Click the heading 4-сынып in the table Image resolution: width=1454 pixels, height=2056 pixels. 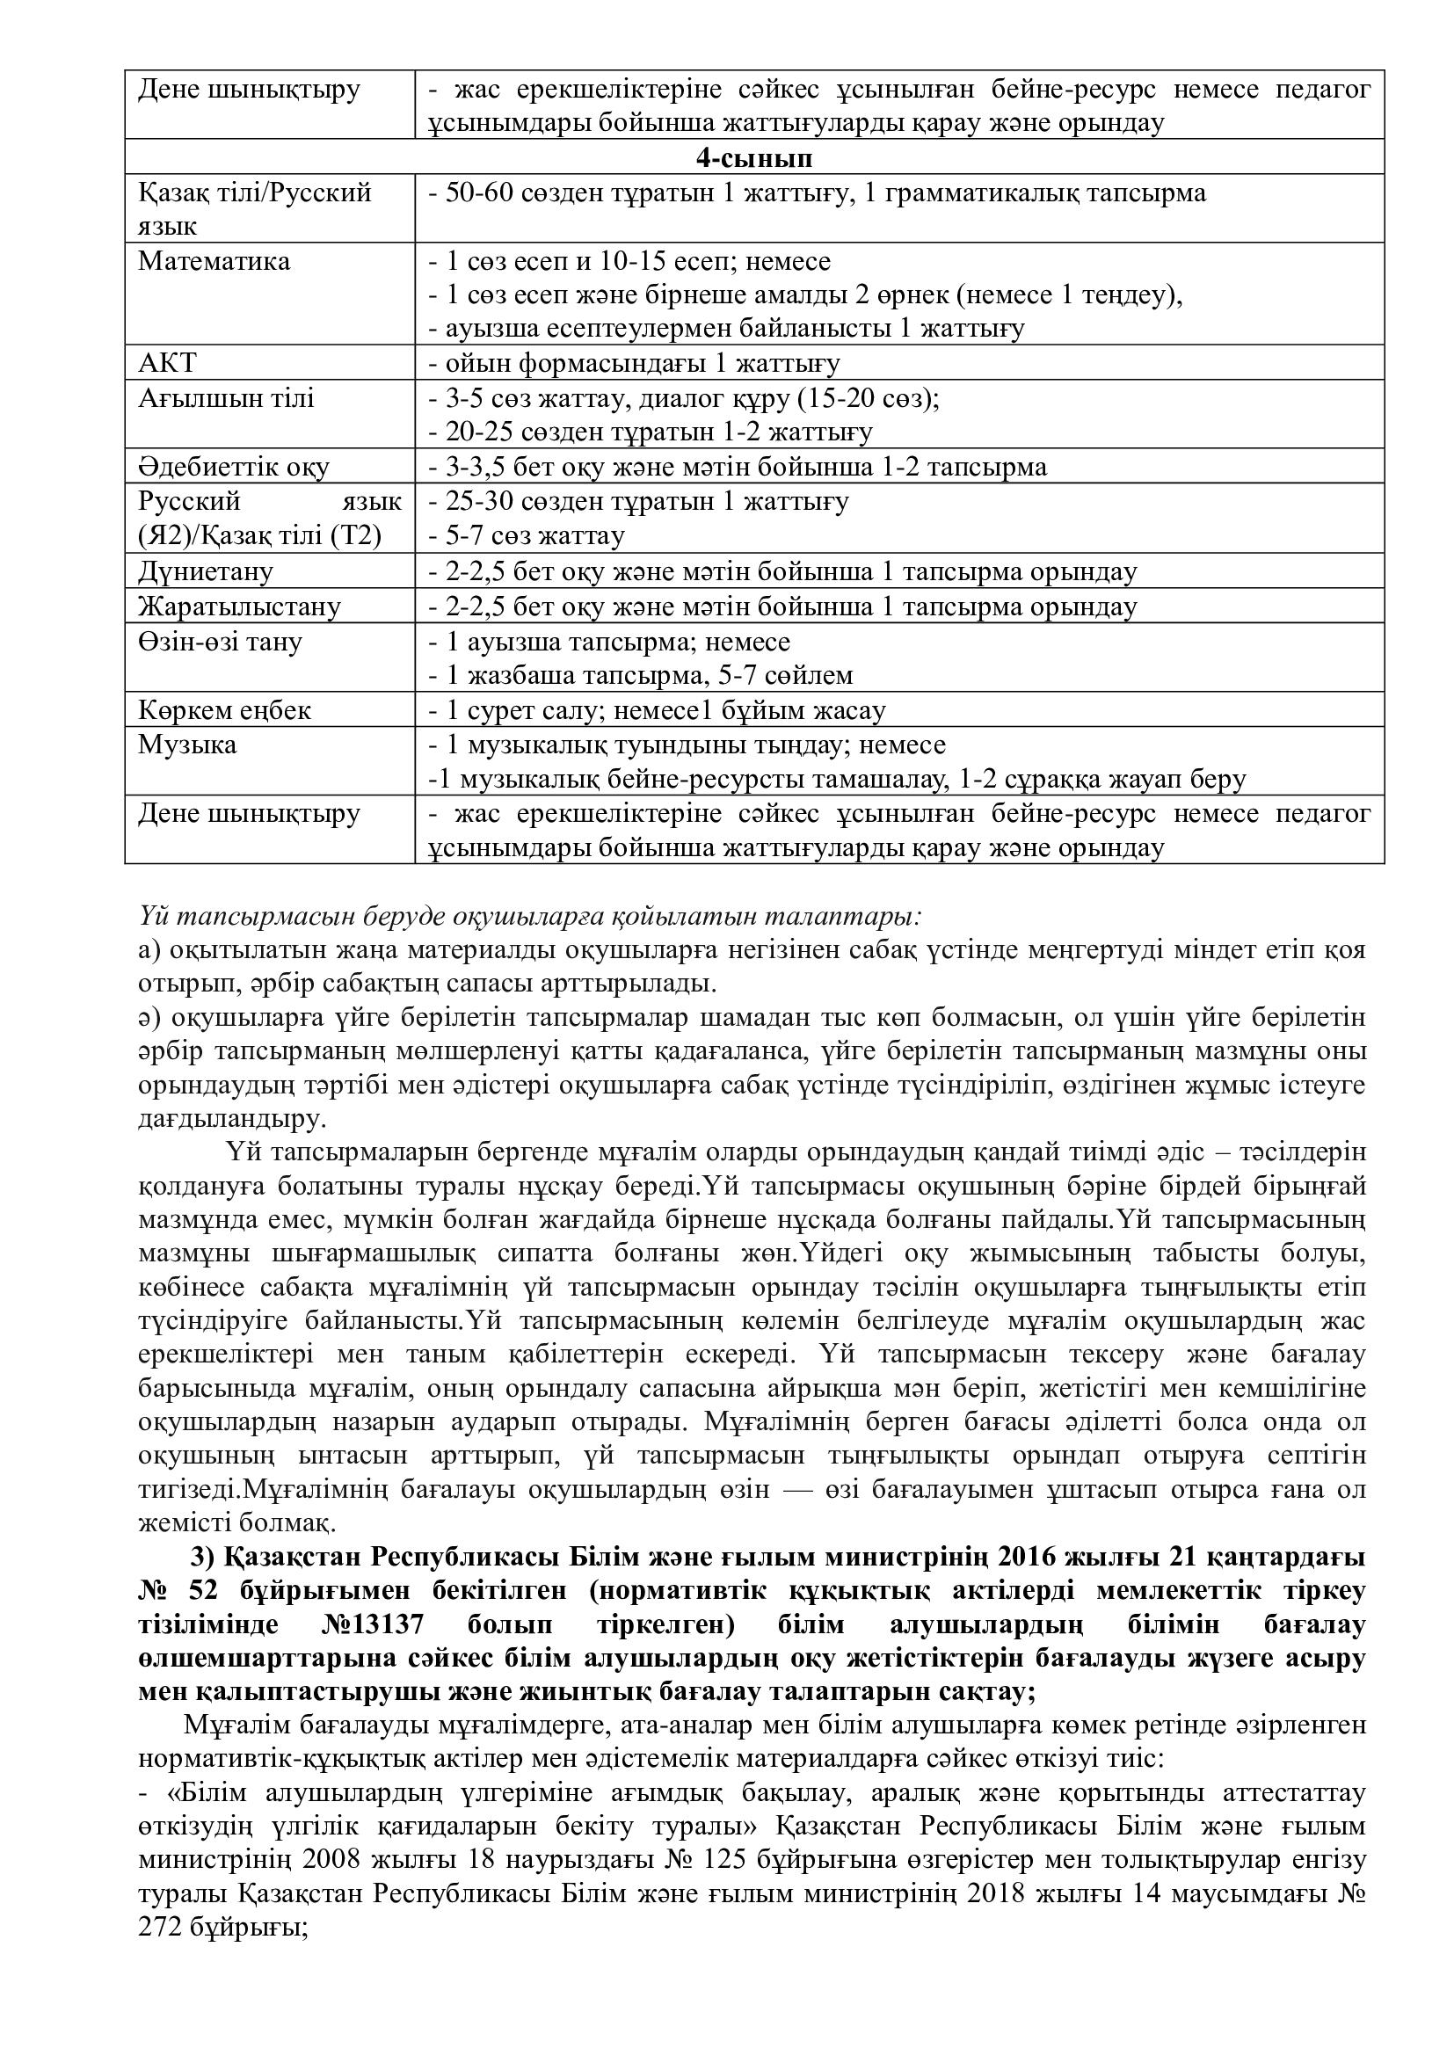754,157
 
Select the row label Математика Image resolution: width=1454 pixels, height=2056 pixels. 214,261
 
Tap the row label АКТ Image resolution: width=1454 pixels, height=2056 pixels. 167,364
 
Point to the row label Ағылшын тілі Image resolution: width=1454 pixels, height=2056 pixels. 226,398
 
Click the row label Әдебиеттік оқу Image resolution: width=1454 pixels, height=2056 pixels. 234,468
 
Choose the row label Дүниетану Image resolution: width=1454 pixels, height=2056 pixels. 206,571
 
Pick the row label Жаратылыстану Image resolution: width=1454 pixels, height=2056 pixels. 239,607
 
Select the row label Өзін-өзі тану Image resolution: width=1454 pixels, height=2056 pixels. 221,642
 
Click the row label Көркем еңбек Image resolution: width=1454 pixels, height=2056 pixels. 225,711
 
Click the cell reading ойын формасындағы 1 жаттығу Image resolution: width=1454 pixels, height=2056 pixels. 634,364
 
